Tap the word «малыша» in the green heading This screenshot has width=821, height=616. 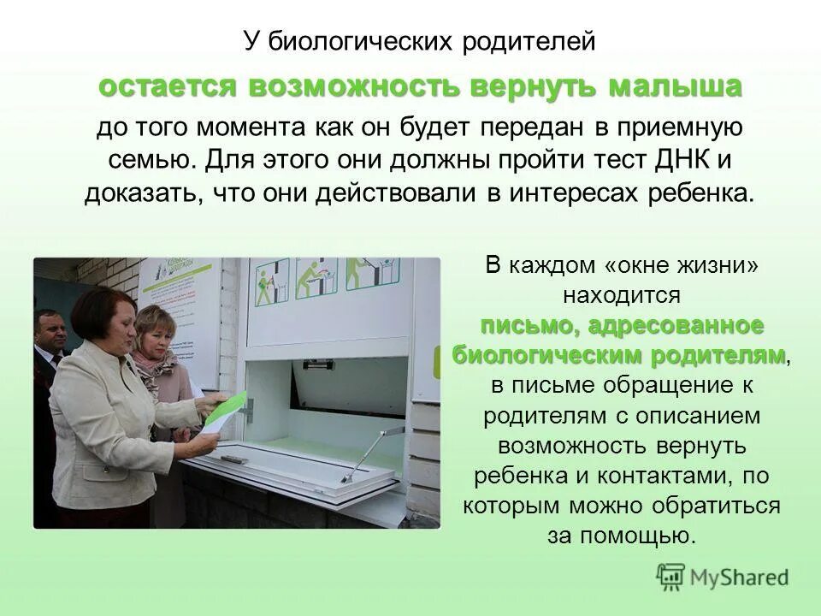pyautogui.click(x=675, y=87)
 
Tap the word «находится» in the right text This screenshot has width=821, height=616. pyautogui.click(x=621, y=296)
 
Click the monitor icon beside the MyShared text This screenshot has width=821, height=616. pyautogui.click(x=671, y=577)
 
